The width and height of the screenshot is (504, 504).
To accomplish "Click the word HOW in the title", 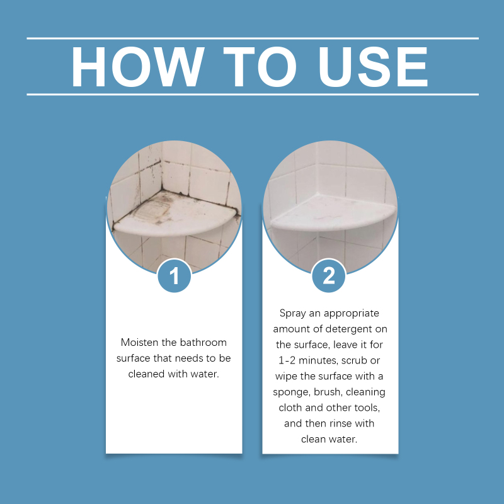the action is point(138,67).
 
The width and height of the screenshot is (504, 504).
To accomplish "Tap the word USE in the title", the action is point(373,67).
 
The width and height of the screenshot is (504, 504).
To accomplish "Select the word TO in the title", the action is point(260,67).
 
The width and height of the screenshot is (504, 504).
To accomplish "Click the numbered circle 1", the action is point(175,275).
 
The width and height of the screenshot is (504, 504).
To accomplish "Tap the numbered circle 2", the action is point(328,275).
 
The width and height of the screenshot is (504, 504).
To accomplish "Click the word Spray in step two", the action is point(292,313).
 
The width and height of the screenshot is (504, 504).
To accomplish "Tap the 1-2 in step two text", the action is point(287,360).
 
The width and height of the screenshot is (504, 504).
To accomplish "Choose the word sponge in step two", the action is point(292,392).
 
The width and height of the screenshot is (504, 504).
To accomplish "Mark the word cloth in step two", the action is point(290,408).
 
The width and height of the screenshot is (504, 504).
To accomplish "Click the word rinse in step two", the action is point(341,423).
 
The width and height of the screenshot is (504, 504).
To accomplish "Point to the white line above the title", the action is point(253,38).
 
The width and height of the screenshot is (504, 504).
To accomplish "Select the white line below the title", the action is point(253,94).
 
